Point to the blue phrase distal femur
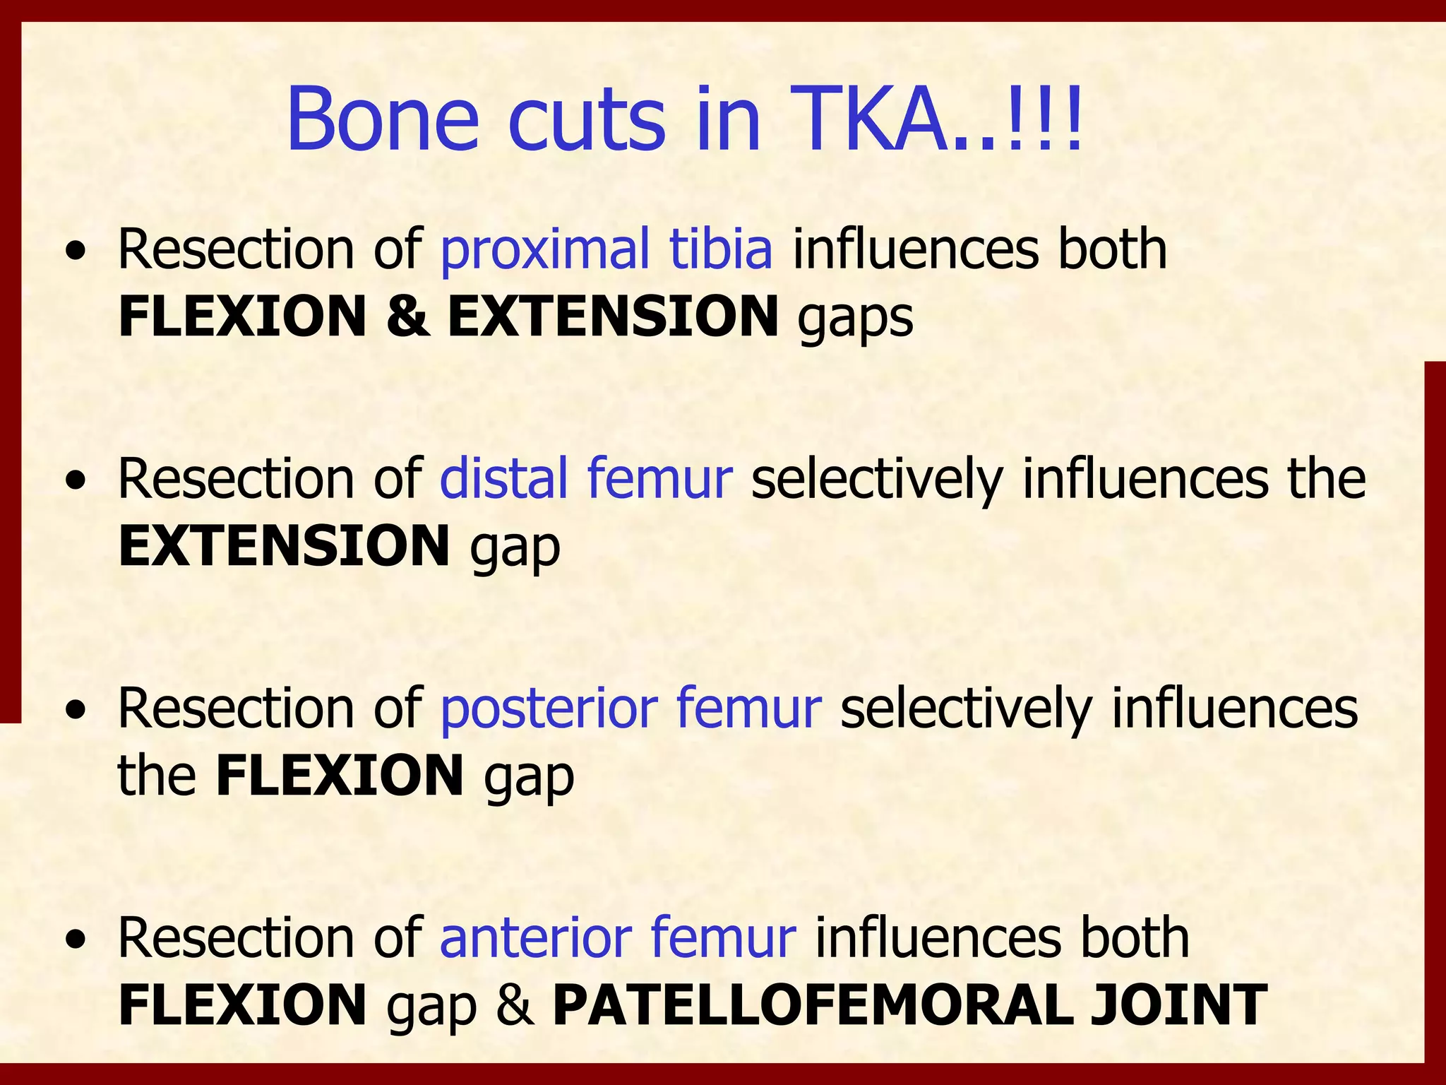coord(585,479)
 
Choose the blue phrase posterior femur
coord(631,708)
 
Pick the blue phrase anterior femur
coord(618,937)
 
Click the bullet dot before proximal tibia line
coord(76,252)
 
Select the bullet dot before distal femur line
coord(76,482)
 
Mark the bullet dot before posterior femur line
coord(76,711)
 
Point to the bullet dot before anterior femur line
coord(76,940)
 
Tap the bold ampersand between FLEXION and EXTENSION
coord(407,316)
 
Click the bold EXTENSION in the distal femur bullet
coord(284,545)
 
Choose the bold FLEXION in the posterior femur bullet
coord(340,775)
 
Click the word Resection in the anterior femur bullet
coord(236,937)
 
